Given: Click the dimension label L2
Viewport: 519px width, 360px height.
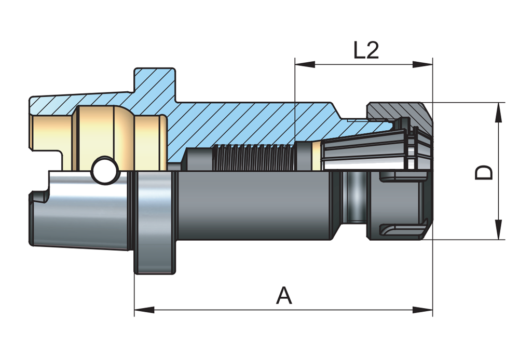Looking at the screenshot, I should point(366,51).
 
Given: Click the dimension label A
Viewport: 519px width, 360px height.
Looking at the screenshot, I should point(284,296).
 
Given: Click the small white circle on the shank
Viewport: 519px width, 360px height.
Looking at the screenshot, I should point(105,171).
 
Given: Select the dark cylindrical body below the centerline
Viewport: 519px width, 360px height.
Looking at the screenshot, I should point(254,207).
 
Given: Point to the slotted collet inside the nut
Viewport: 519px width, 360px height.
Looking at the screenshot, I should point(363,150).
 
